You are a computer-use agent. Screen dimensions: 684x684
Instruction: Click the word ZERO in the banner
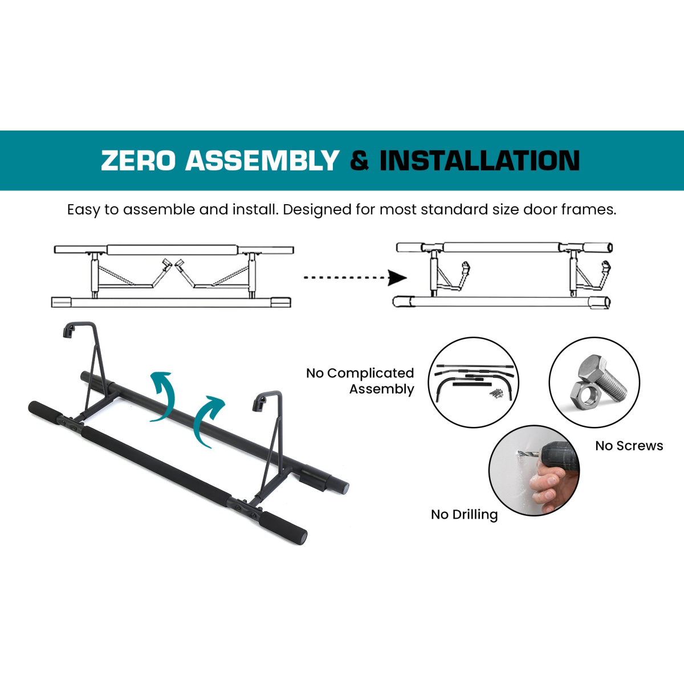coord(138,160)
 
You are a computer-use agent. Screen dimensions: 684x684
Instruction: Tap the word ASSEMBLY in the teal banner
coord(262,160)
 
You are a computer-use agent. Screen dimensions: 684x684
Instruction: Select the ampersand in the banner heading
coord(359,160)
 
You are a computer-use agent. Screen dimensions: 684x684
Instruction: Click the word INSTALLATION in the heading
coord(479,160)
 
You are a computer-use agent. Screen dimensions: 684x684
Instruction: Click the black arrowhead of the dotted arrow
coord(397,278)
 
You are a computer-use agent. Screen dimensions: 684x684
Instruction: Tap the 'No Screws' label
coord(629,446)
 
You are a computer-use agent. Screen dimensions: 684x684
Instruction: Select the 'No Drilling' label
coord(465,515)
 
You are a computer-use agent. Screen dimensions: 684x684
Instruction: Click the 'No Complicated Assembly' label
coord(360,381)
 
